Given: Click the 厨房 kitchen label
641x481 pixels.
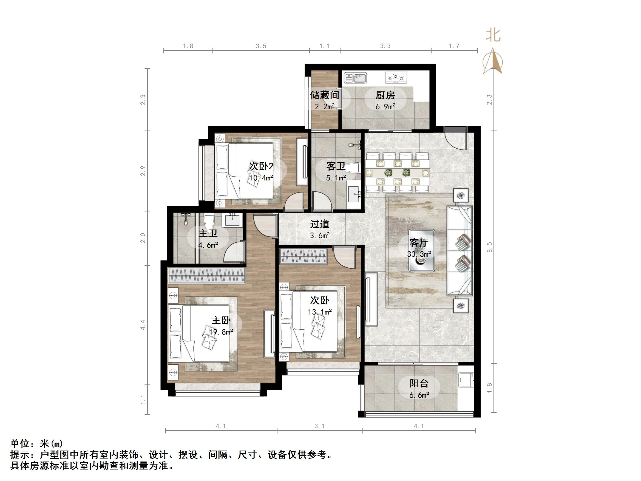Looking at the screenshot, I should [x=385, y=95].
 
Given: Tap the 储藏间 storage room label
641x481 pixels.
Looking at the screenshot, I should [x=325, y=95].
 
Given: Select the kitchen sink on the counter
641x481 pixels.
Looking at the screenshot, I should [x=355, y=78].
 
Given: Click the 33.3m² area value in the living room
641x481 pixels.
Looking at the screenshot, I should [x=419, y=254].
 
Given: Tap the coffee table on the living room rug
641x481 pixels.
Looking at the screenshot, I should [x=422, y=250].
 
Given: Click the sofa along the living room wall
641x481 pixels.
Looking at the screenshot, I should [x=460, y=250].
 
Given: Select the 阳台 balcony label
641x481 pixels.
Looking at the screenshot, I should [x=419, y=383].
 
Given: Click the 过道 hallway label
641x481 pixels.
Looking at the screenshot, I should [x=320, y=224].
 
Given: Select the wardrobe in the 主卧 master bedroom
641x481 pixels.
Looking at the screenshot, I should [x=207, y=275].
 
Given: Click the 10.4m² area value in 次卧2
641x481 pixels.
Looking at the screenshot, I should [x=261, y=178].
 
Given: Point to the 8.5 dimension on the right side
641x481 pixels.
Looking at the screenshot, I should [x=489, y=247].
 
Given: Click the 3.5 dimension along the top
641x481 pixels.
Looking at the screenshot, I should [x=261, y=46].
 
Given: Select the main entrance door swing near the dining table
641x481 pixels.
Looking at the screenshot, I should [x=455, y=138].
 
